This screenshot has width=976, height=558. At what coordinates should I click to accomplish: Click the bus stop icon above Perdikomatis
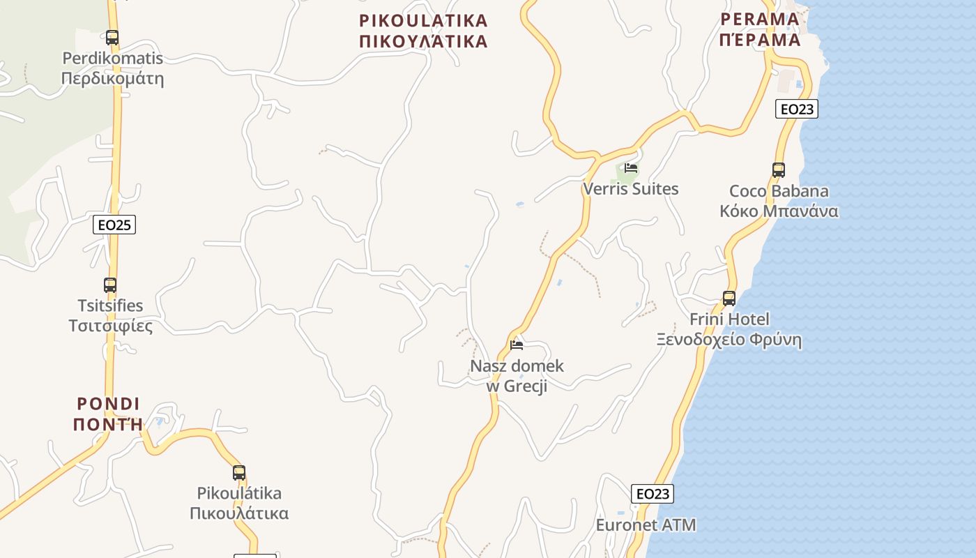tap(112, 37)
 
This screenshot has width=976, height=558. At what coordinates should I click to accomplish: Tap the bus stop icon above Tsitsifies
tap(110, 285)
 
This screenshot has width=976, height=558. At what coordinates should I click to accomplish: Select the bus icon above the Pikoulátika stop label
tap(239, 472)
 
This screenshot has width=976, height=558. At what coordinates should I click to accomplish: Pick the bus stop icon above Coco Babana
tap(779, 169)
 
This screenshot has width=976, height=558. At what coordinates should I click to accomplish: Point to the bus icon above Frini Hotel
tap(729, 298)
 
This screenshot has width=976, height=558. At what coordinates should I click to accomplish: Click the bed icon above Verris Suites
tap(631, 168)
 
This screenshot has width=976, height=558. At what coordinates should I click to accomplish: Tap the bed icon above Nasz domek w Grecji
tap(517, 345)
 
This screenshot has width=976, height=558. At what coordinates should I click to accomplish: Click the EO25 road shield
tap(114, 225)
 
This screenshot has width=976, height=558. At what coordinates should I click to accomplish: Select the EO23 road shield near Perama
tap(797, 109)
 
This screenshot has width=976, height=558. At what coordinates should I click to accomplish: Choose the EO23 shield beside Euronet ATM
tap(653, 494)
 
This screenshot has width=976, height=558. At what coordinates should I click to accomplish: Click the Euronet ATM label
tap(646, 525)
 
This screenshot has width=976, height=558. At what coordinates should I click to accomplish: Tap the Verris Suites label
tap(630, 189)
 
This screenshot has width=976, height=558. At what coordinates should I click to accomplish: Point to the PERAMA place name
tap(760, 19)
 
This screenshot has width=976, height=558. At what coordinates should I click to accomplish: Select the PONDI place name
tap(108, 404)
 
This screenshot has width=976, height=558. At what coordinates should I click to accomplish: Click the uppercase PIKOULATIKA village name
tap(423, 20)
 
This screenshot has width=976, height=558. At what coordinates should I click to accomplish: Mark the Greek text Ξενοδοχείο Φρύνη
tap(729, 340)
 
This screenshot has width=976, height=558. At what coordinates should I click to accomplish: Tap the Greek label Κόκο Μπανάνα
tap(779, 211)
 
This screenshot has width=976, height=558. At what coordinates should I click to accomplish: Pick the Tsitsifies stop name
tap(110, 306)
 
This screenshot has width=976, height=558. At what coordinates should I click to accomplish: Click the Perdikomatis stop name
tap(112, 58)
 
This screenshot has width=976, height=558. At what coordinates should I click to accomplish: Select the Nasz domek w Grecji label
tap(517, 375)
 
